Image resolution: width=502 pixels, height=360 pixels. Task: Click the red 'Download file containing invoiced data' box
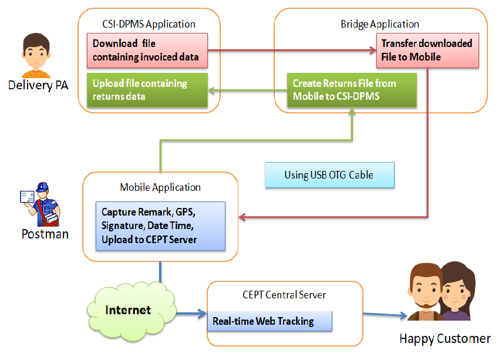tap(147, 50)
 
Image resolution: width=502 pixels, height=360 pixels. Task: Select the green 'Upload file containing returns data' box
tap(147, 90)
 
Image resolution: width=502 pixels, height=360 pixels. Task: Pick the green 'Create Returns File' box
tap(352, 90)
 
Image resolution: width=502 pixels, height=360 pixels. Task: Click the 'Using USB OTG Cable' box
tap(329, 175)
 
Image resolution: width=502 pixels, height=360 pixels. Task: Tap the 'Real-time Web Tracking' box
tap(270, 321)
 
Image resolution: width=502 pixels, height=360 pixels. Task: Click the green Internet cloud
tap(128, 310)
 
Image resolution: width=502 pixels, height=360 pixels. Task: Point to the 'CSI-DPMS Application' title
tap(149, 24)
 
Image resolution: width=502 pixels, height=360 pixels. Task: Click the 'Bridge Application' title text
tap(380, 24)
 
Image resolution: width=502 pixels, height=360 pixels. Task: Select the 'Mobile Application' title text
tap(160, 187)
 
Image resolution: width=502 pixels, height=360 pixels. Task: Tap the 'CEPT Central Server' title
tap(284, 294)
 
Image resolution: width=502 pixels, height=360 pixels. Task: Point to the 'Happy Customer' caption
tap(444, 339)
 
